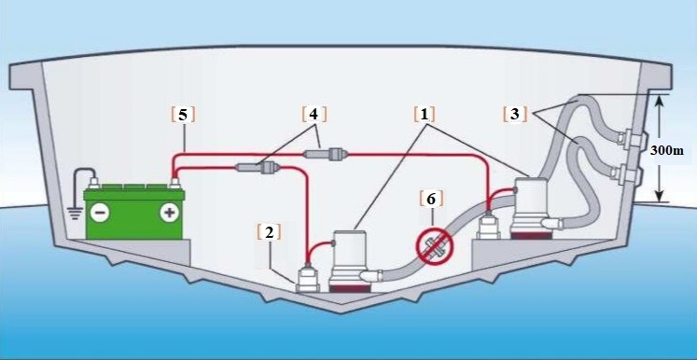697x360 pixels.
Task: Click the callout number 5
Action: pyautogui.click(x=183, y=115)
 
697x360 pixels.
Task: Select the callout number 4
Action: pyautogui.click(x=314, y=115)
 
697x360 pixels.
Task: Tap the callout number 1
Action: pyautogui.click(x=424, y=115)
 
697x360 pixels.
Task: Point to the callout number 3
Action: pyautogui.click(x=514, y=115)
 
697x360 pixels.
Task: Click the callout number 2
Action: pyautogui.click(x=269, y=231)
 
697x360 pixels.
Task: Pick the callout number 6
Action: pyautogui.click(x=429, y=199)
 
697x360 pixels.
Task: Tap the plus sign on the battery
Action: pyautogui.click(x=170, y=212)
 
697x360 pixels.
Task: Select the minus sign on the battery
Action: pyautogui.click(x=100, y=212)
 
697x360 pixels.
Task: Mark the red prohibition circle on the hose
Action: pyautogui.click(x=435, y=246)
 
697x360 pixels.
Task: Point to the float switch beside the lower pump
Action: pyautogui.click(x=308, y=278)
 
